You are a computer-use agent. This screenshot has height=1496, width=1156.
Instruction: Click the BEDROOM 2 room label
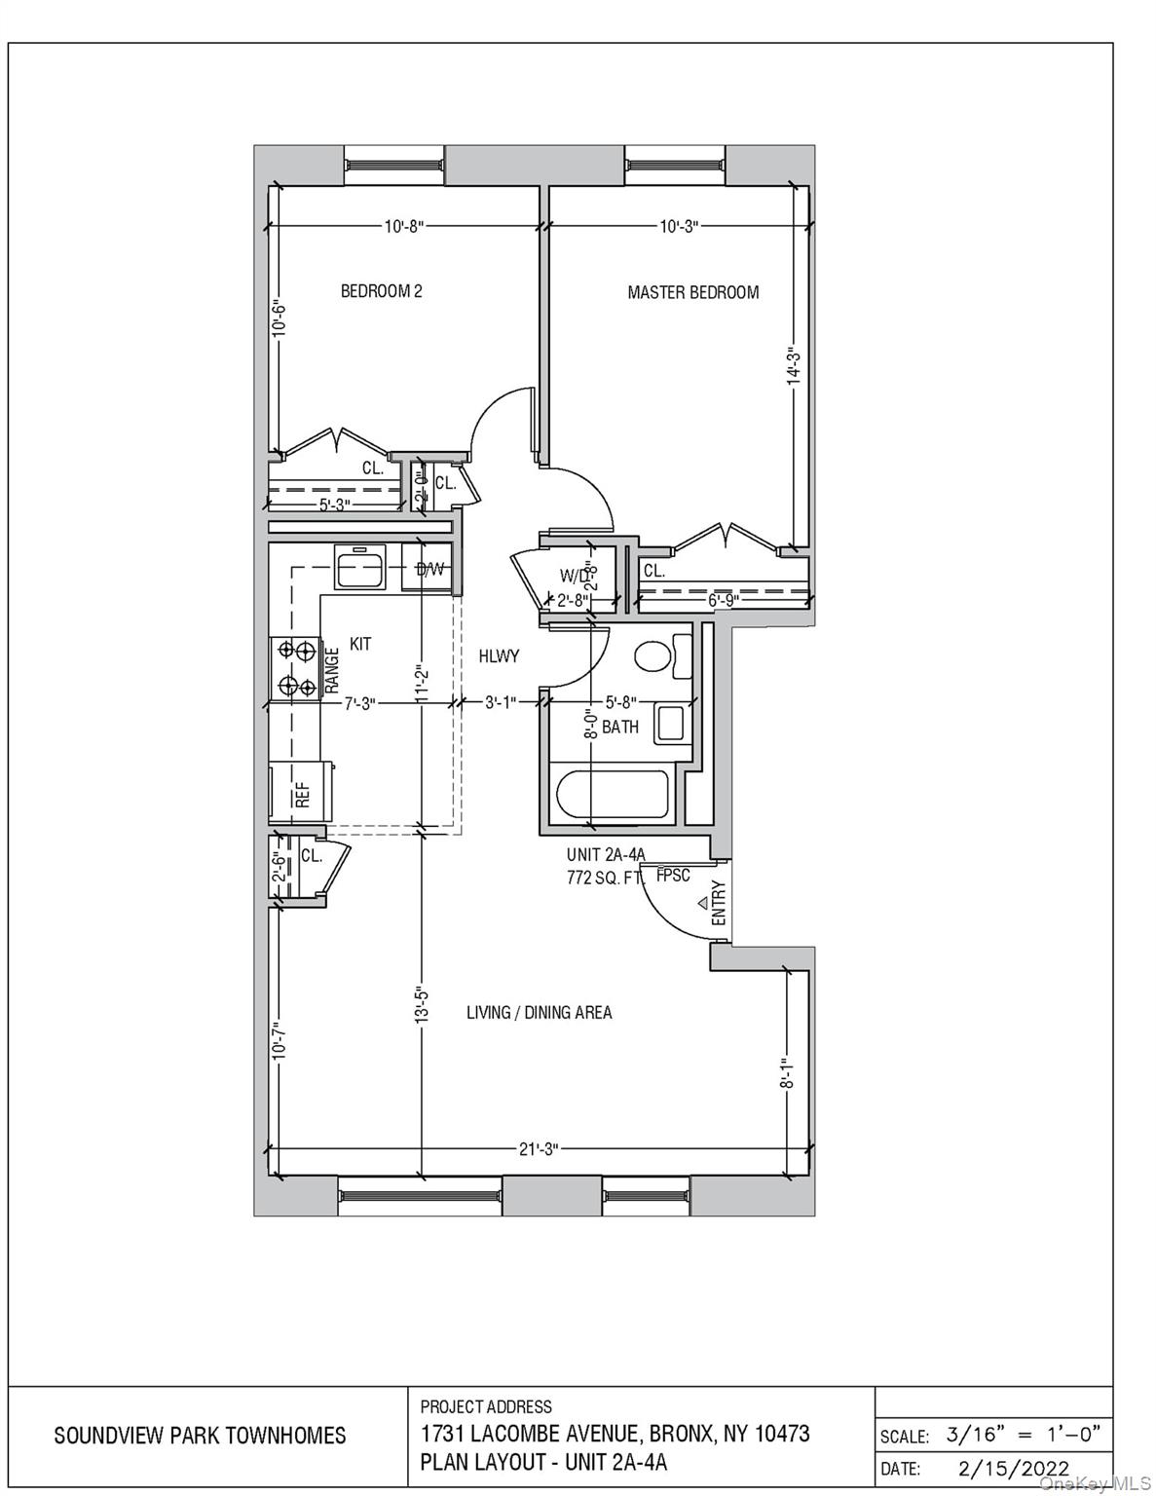click(x=381, y=291)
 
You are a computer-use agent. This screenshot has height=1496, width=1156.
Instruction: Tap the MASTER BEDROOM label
click(x=692, y=292)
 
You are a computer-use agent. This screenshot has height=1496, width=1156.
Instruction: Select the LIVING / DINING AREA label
click(x=539, y=1013)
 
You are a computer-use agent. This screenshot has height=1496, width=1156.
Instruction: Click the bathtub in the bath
click(x=613, y=796)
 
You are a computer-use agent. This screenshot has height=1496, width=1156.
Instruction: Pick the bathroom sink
click(x=671, y=724)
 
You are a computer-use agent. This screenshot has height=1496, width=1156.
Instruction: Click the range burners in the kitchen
click(x=296, y=667)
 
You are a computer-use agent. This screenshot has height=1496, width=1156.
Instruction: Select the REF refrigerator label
click(x=303, y=795)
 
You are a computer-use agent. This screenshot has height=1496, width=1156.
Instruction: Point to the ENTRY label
click(x=719, y=903)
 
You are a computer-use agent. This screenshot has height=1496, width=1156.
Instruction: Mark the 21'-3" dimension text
click(x=538, y=1149)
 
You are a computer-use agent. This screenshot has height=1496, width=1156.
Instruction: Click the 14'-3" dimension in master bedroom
click(x=794, y=367)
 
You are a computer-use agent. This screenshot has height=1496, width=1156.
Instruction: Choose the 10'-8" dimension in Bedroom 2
click(x=403, y=227)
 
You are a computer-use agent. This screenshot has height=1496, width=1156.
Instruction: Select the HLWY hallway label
click(x=499, y=656)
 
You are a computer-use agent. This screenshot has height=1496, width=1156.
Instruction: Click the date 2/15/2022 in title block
click(x=1013, y=1468)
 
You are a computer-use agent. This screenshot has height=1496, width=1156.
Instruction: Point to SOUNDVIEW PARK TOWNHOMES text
click(x=200, y=1436)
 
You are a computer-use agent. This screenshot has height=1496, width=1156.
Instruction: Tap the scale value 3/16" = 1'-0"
click(x=1023, y=1434)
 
